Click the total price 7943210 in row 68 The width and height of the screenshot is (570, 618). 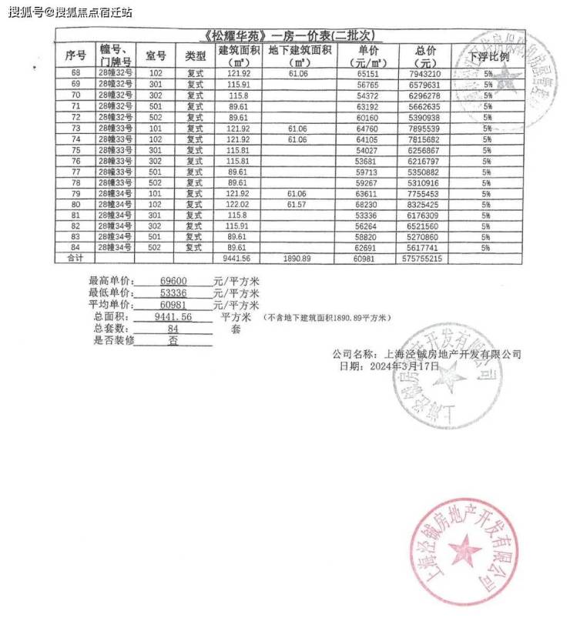coord(426,74)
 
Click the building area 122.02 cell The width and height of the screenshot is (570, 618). coord(238,205)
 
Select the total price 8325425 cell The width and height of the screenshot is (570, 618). coord(426,205)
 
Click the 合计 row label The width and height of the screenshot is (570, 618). coord(75,259)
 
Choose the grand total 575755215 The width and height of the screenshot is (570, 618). coord(423,259)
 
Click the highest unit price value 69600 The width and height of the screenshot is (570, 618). coord(173,282)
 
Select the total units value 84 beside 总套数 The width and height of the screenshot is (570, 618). coord(173,329)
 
